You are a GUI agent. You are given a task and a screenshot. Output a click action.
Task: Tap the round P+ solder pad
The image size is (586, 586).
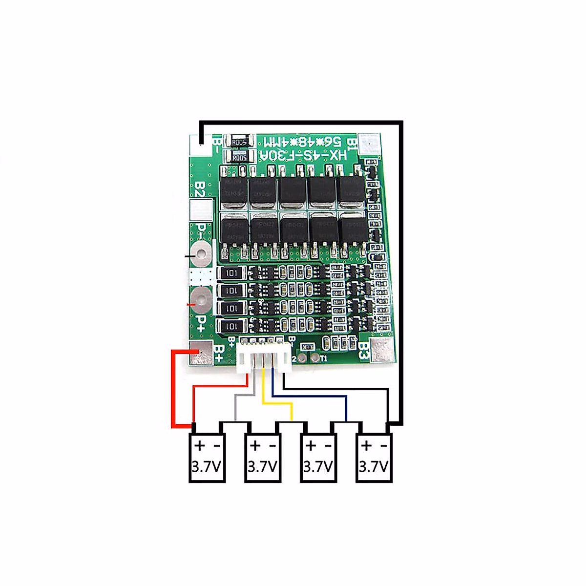(x=201, y=297)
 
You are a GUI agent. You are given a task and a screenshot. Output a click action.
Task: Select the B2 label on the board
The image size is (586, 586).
(x=199, y=189)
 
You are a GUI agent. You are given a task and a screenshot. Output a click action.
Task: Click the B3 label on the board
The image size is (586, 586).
(x=362, y=350)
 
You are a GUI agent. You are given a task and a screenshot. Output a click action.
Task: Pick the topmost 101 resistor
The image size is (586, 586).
(x=232, y=273)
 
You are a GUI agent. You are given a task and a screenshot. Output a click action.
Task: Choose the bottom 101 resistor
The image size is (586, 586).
(x=232, y=326)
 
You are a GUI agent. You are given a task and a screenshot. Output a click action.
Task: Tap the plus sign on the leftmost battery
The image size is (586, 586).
(x=199, y=446)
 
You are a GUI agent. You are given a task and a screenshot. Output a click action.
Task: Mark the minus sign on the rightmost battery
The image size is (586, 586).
(x=384, y=446)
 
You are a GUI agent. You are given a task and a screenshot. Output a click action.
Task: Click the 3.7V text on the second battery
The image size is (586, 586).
(x=263, y=467)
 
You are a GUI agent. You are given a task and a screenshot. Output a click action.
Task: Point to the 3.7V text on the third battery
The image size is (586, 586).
(x=318, y=467)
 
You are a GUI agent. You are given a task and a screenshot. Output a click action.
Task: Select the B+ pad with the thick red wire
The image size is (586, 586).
(x=200, y=354)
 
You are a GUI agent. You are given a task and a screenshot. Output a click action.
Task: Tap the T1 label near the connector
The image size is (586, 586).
(x=323, y=358)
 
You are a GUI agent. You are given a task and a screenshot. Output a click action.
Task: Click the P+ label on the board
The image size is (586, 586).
(x=201, y=322)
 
